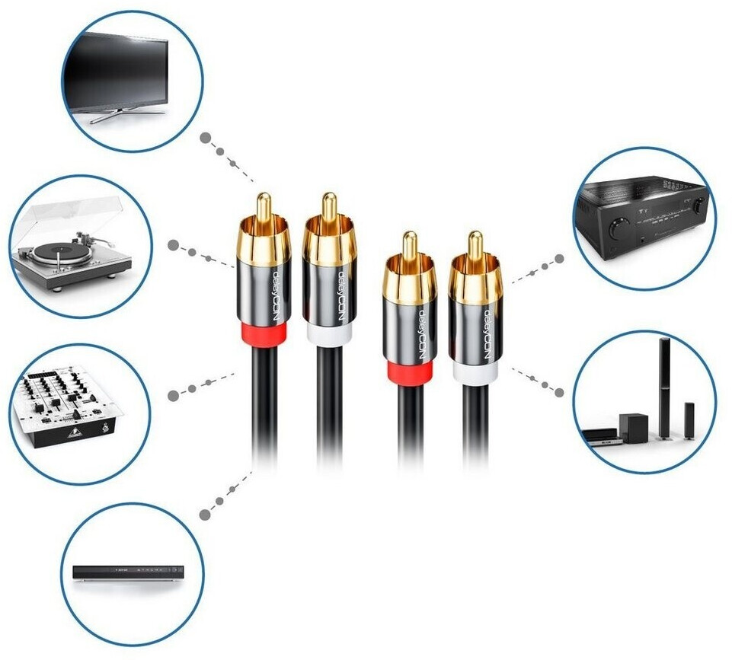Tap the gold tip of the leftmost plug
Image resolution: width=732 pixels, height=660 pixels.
coord(263,205)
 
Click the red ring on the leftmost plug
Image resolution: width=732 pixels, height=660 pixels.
coord(264,334)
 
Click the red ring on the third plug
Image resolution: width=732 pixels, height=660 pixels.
coord(410,372)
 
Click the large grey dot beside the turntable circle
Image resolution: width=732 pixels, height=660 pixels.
coord(174,245)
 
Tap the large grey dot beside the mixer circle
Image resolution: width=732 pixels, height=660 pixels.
coord(174,395)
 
